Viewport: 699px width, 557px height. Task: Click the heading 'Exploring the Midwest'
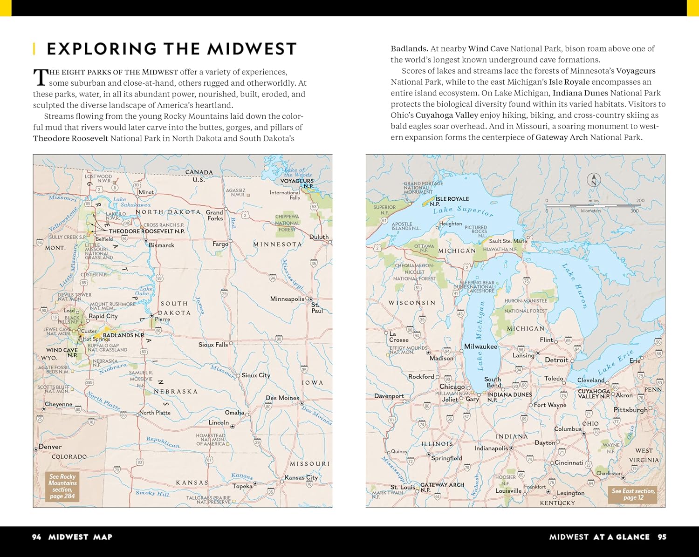point(171,49)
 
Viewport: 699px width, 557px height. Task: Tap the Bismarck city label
point(161,245)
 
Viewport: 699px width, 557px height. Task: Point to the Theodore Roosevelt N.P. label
point(146,231)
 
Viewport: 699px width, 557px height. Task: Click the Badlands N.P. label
point(123,335)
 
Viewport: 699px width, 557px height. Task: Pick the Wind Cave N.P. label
point(62,352)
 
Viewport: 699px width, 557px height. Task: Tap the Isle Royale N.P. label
point(451,201)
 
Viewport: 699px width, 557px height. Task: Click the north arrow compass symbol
point(594,180)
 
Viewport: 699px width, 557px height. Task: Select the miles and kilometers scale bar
point(593,205)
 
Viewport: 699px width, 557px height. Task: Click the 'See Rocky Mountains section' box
point(62,486)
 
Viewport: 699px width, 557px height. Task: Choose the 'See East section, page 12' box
point(633,494)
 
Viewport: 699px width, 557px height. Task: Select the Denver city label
point(50,447)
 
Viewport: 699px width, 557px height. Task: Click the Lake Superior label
point(463,211)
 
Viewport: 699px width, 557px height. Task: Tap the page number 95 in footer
point(662,537)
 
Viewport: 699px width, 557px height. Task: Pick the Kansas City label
point(301,477)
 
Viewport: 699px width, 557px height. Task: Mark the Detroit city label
point(556,360)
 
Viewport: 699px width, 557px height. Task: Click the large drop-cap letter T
point(41,77)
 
